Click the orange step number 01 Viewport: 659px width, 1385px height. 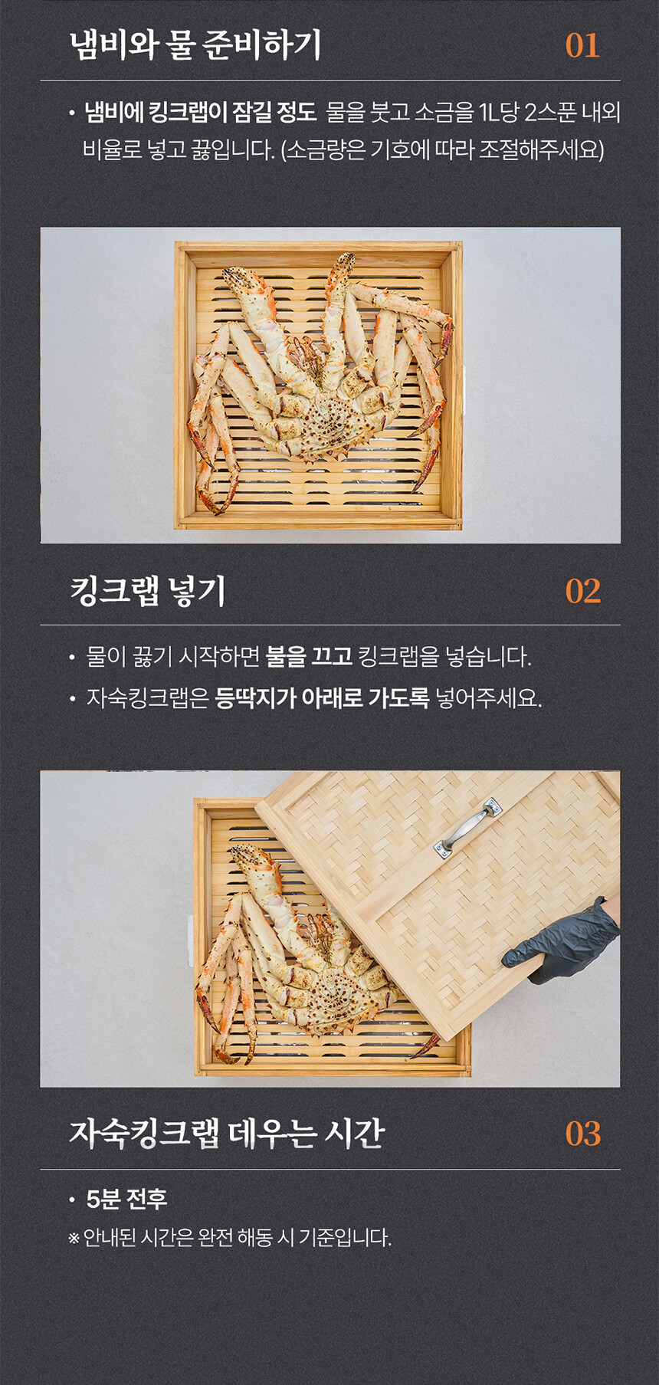coord(582,45)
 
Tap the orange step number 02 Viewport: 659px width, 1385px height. coord(582,591)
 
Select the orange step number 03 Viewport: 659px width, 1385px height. coord(582,1134)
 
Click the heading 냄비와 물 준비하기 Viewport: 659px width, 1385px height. coord(195,44)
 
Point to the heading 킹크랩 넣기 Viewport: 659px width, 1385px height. coord(147,590)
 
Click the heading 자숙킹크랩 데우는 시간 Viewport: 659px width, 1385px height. coord(227,1133)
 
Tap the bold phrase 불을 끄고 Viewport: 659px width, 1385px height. coord(308,656)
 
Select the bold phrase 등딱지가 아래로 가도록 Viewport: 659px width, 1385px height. coord(322,697)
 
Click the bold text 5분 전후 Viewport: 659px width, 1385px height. coord(126,1199)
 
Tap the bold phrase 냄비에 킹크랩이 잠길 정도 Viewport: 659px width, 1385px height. coord(200,113)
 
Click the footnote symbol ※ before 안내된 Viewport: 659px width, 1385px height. coord(74,1239)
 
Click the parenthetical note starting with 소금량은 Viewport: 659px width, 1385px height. coord(443,149)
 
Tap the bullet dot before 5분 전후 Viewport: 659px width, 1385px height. coord(72,1200)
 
